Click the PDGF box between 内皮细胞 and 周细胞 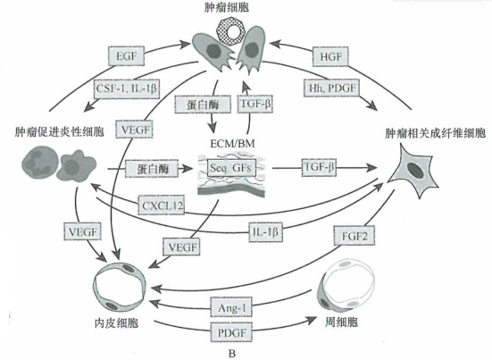point(230,332)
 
